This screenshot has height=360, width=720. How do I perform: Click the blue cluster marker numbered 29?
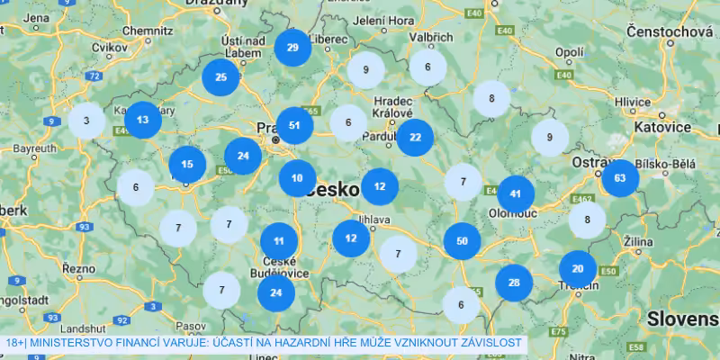coord(292,48)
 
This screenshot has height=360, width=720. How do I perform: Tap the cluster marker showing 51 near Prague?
coord(294,125)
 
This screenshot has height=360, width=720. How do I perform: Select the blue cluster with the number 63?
coord(619,177)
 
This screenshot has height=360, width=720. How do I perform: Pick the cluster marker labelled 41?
coord(516,193)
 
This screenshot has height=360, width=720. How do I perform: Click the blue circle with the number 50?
coord(462,240)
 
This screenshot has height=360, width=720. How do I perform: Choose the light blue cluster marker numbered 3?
coord(85,121)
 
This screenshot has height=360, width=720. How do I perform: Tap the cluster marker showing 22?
coord(414,138)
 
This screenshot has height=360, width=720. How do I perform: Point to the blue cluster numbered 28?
coord(514,283)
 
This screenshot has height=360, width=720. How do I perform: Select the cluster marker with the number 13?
coord(142,119)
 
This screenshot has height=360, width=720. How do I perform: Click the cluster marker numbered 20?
coord(578,268)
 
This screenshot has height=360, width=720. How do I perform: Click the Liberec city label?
coord(329,40)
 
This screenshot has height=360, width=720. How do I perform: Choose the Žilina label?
coord(640,243)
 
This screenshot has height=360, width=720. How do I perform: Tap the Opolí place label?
coord(569,52)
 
